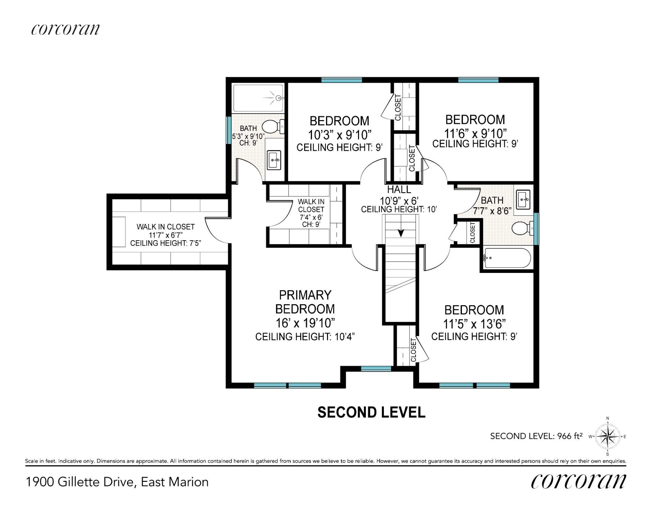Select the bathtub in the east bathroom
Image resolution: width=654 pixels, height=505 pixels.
click(x=507, y=258)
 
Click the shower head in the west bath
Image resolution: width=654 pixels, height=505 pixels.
click(x=279, y=98)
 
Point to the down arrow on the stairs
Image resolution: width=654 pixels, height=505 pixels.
click(x=401, y=233)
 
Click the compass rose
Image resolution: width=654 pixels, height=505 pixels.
click(x=608, y=436)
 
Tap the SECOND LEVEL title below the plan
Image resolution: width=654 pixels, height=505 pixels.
click(x=371, y=412)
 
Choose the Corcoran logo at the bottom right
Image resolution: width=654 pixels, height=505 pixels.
click(x=578, y=481)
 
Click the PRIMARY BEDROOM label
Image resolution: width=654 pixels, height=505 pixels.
click(x=305, y=302)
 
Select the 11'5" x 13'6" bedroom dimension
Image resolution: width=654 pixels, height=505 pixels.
click(x=474, y=324)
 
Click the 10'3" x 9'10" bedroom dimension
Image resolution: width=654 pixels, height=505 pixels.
click(x=339, y=135)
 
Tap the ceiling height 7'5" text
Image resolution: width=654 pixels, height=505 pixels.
click(x=166, y=243)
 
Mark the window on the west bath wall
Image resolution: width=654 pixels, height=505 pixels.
click(x=229, y=130)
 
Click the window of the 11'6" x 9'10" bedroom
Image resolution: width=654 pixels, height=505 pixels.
click(x=478, y=80)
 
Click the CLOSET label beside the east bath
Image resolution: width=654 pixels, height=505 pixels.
click(x=472, y=232)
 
